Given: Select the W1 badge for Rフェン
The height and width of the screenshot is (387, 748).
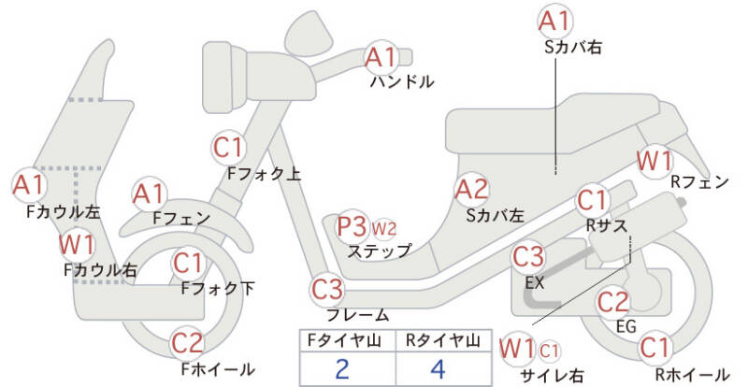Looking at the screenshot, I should (654, 160).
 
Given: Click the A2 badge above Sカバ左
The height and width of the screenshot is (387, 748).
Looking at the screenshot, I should (471, 191).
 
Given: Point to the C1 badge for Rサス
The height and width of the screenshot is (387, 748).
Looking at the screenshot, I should (592, 200).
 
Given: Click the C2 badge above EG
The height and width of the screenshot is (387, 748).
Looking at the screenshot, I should (613, 303).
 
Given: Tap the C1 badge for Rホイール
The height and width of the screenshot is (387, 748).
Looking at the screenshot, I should (655, 349).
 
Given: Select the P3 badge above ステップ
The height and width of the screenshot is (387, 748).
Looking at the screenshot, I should (353, 226).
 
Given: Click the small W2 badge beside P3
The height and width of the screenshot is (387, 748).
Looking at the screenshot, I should (384, 227).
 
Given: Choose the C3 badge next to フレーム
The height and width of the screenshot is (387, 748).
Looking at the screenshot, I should (328, 288).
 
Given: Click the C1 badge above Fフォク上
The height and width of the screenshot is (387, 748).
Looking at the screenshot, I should (229, 148).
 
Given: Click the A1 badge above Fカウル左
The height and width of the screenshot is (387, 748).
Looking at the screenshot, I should (28, 184).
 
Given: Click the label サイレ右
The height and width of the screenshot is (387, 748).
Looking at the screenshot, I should (552, 375).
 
